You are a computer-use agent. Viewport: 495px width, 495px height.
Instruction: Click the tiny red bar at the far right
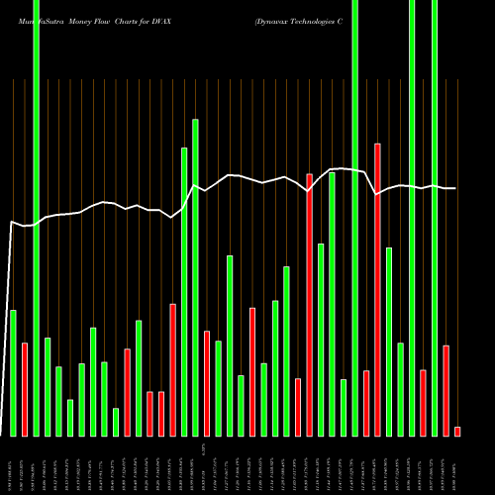[x=457, y=431]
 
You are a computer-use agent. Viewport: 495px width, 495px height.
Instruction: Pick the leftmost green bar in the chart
[x=13, y=372]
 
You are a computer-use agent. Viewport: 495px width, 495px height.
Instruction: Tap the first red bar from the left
[x=25, y=389]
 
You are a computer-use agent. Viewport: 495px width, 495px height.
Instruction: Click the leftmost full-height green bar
[x=36, y=218]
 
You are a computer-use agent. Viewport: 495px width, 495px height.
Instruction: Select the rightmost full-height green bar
[x=435, y=218]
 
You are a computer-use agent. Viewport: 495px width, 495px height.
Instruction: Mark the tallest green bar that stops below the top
[x=195, y=277]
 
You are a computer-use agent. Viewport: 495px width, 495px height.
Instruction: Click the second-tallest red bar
[x=309, y=304]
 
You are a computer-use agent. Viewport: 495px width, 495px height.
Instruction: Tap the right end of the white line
[x=455, y=188]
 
